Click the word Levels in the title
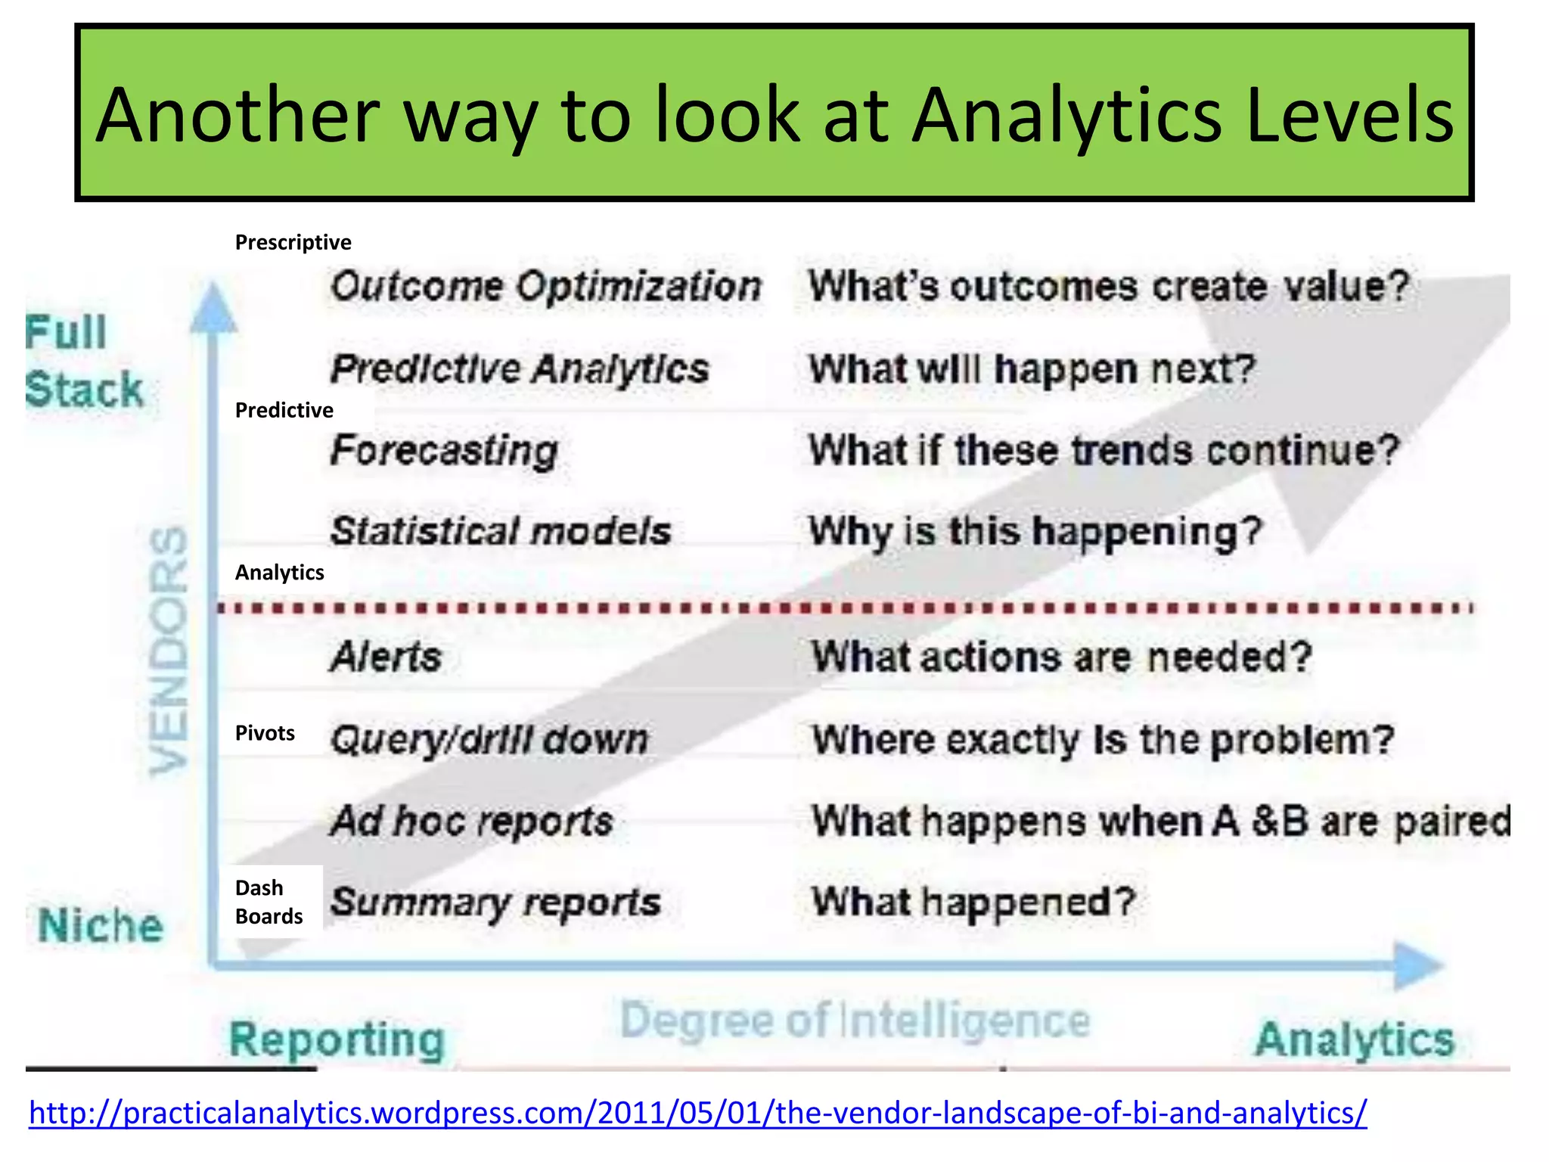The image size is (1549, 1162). pyautogui.click(x=1349, y=115)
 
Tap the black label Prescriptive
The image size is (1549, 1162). pyautogui.click(x=293, y=242)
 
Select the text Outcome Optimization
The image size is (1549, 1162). pyautogui.click(x=545, y=287)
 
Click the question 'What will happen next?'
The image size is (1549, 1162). pyautogui.click(x=1032, y=369)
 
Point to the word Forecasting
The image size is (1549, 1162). pyautogui.click(x=444, y=451)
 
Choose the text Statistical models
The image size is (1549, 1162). pyautogui.click(x=501, y=531)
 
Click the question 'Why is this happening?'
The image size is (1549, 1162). pyautogui.click(x=1035, y=531)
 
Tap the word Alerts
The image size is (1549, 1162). pyautogui.click(x=386, y=657)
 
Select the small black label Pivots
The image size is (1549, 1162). pyautogui.click(x=265, y=733)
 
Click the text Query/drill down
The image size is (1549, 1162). pyautogui.click(x=489, y=739)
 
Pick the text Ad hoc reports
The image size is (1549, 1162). pyautogui.click(x=472, y=821)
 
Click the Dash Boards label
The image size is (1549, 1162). pyautogui.click(x=269, y=902)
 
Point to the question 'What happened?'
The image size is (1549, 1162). pyautogui.click(x=973, y=902)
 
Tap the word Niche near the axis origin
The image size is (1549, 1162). pyautogui.click(x=101, y=926)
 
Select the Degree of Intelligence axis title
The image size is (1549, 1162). pyautogui.click(x=855, y=1021)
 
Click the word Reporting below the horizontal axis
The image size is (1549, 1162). pyautogui.click(x=337, y=1039)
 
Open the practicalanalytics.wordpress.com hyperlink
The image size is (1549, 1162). pyautogui.click(x=697, y=1113)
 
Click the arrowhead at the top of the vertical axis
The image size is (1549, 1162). pyautogui.click(x=213, y=308)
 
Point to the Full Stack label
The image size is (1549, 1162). pyautogui.click(x=83, y=362)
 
